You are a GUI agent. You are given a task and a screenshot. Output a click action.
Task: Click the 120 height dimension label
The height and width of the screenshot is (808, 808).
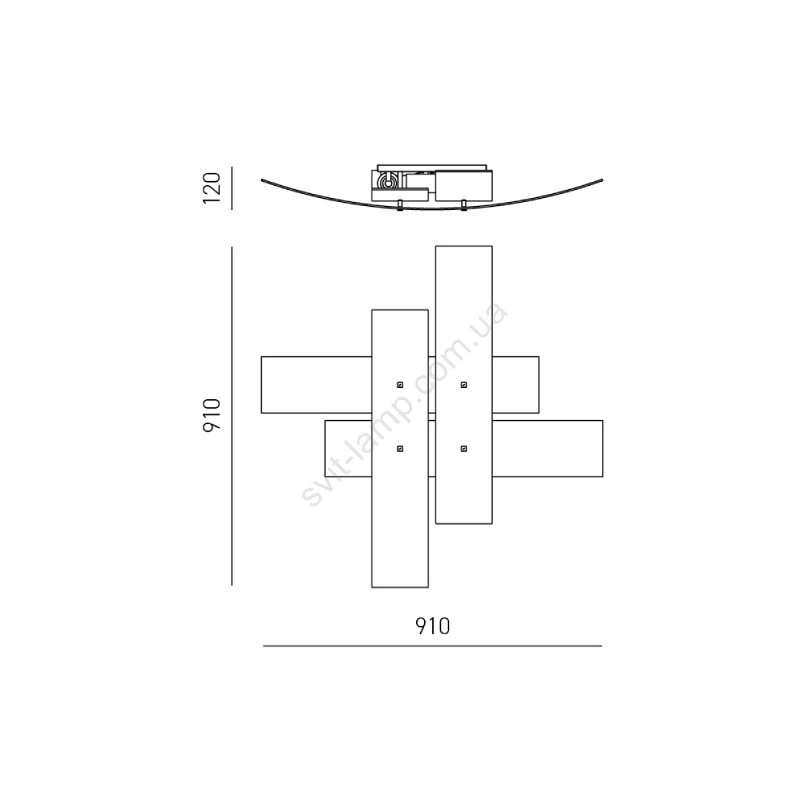click(x=211, y=188)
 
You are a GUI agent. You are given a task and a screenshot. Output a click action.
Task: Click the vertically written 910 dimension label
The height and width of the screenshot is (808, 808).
click(x=211, y=416)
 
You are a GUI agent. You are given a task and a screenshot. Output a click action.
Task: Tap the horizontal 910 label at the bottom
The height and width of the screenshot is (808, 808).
click(x=433, y=626)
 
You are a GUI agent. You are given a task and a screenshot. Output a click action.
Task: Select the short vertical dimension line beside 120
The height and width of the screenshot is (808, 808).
click(x=232, y=188)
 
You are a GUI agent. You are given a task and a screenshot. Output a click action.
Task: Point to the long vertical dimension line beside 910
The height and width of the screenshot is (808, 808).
click(x=232, y=416)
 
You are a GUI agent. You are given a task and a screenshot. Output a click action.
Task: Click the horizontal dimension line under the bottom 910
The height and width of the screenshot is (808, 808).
click(x=432, y=646)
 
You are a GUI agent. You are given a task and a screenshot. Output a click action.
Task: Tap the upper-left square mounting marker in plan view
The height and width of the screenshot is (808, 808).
click(x=400, y=384)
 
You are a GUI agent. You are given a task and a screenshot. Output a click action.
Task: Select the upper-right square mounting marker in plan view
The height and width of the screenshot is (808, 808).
click(x=464, y=384)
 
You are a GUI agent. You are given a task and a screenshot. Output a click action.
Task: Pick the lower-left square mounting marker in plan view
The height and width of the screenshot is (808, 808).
click(x=400, y=448)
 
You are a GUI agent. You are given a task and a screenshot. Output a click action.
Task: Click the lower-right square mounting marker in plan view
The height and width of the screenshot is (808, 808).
click(x=464, y=448)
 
